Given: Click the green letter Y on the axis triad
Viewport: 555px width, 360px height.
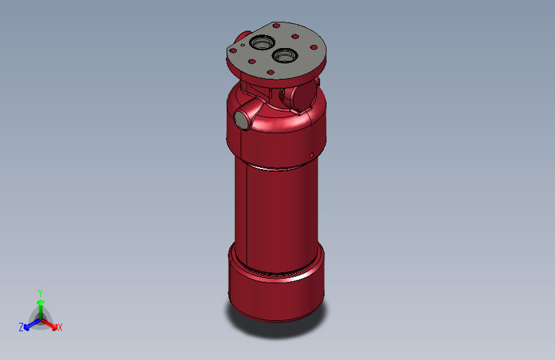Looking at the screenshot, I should coord(40,292).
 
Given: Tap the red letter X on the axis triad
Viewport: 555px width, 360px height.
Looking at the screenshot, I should coord(60,328).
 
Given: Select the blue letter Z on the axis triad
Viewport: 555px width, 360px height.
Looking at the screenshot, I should coord(21,327).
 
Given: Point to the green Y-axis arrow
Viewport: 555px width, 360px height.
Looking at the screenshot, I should coord(40,306).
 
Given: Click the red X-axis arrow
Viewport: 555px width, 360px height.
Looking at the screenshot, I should coord(51,323).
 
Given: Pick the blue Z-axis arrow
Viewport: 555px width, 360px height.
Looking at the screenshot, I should coord(30,324).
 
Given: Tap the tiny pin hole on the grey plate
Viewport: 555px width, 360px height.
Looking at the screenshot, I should coord(243,45).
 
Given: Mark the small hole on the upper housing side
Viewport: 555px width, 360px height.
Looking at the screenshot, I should coord(311,154).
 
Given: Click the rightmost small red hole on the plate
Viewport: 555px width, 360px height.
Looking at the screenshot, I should coord(314,47).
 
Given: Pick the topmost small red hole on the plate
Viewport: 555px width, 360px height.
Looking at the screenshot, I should coord(276,26).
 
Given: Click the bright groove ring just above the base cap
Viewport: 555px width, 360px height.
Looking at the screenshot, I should coord(275,274).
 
